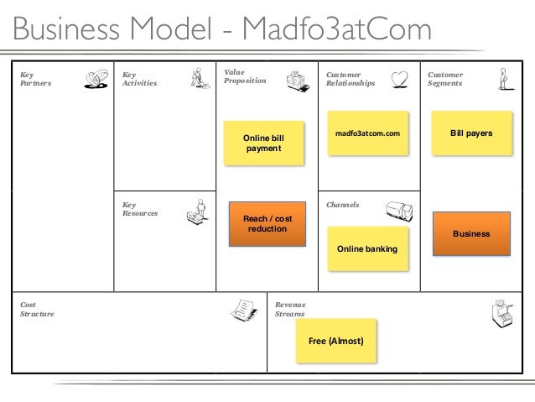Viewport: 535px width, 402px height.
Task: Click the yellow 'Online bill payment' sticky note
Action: click(263, 142)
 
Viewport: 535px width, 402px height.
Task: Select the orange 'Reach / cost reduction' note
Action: click(263, 224)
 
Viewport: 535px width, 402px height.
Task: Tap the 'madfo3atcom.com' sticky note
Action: click(367, 133)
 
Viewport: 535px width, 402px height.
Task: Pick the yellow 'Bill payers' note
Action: click(470, 133)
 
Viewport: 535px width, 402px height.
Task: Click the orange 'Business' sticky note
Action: click(470, 232)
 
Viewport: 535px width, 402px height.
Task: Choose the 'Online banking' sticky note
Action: click(367, 248)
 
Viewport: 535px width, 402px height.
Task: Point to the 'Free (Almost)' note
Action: click(336, 341)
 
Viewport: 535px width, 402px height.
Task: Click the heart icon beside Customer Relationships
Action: click(401, 79)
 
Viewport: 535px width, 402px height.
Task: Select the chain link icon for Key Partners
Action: click(96, 79)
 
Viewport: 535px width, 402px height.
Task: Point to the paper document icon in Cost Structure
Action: click(244, 311)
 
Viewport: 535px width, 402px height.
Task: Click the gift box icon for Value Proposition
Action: click(297, 81)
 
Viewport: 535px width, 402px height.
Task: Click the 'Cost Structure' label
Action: click(36, 309)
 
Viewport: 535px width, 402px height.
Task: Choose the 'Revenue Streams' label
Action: click(289, 309)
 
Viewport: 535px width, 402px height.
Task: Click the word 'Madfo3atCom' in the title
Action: click(333, 30)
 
